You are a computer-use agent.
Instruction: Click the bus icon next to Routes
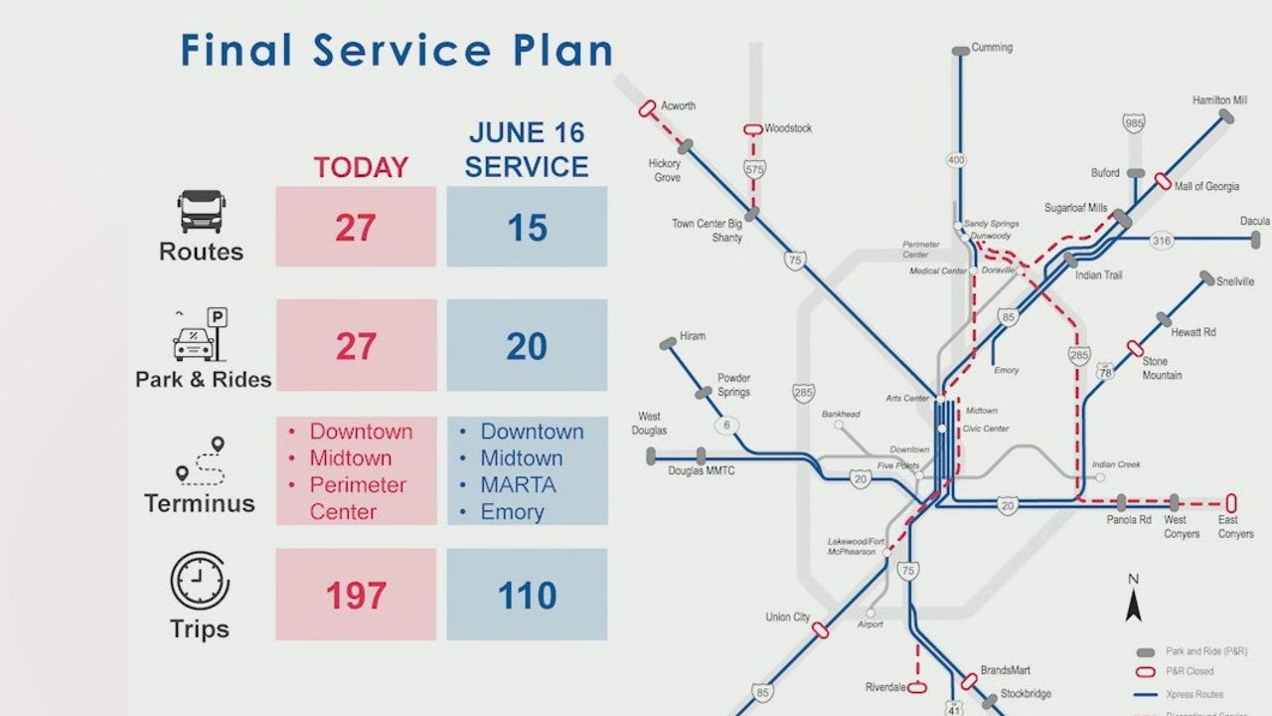pos(201,211)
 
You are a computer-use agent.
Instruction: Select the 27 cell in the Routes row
pos(356,227)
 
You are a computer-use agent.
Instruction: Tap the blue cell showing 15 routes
pos(527,227)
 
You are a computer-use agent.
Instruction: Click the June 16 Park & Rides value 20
pos(527,346)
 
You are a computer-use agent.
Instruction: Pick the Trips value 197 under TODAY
pos(356,595)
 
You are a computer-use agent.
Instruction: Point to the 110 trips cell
pos(527,595)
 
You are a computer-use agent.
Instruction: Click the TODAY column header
pos(361,167)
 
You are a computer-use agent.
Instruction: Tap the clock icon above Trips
pos(200,581)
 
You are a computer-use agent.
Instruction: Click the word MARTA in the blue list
pos(518,485)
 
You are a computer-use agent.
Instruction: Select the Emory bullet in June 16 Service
pos(512,512)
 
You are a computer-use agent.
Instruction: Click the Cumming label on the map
pos(992,48)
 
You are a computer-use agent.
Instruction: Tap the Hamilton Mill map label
pos(1219,100)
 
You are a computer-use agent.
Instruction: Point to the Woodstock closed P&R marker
pos(752,129)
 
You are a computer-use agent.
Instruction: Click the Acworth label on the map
pos(679,105)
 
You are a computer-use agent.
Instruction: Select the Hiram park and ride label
pos(692,336)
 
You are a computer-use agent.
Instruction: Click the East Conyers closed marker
pos(1231,502)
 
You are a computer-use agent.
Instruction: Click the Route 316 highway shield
pos(1161,241)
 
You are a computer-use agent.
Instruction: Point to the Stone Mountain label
pos(1162,368)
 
